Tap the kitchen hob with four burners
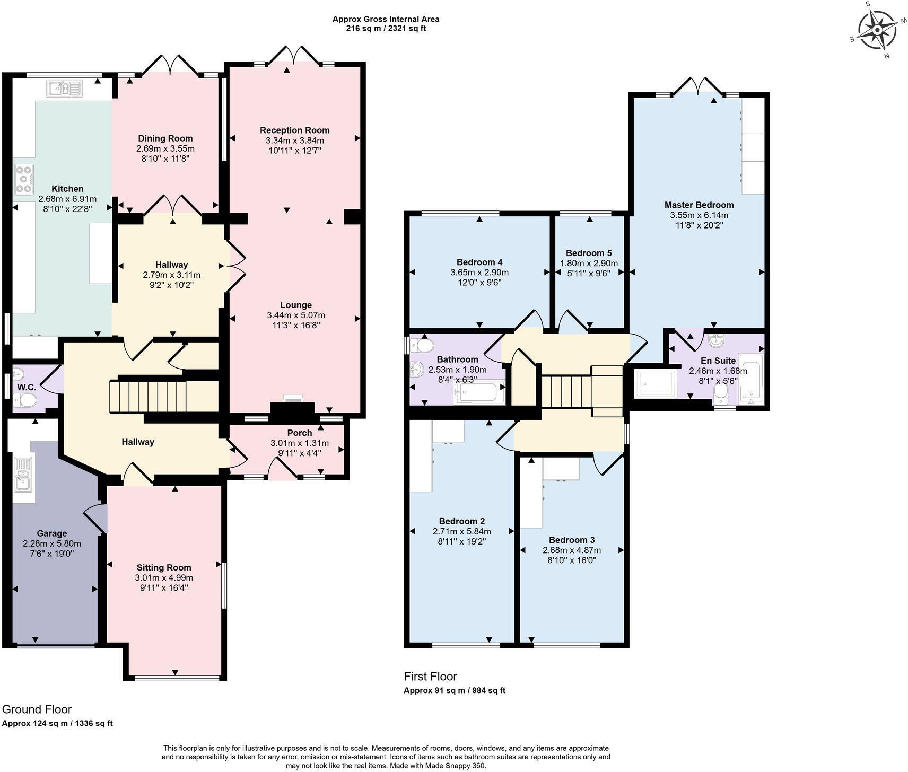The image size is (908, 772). pyautogui.click(x=24, y=179)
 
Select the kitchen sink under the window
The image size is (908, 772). pyautogui.click(x=64, y=89)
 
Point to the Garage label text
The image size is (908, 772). pyautogui.click(x=51, y=533)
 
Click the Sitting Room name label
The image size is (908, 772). pyautogui.click(x=163, y=567)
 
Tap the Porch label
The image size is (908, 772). pyautogui.click(x=299, y=433)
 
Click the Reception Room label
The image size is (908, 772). pyautogui.click(x=294, y=130)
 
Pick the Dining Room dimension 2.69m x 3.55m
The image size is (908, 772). pyautogui.click(x=165, y=148)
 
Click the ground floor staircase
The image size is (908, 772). pyautogui.click(x=164, y=396)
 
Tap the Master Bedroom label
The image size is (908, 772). pyautogui.click(x=699, y=205)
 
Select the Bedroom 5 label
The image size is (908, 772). pyautogui.click(x=588, y=253)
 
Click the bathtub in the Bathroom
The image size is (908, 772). pyautogui.click(x=478, y=393)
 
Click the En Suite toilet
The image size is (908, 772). pyautogui.click(x=720, y=391)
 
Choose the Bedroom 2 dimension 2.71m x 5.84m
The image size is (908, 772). pyautogui.click(x=461, y=531)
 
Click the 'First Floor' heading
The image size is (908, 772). pyautogui.click(x=430, y=676)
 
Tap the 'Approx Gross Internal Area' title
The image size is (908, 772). pyautogui.click(x=386, y=19)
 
